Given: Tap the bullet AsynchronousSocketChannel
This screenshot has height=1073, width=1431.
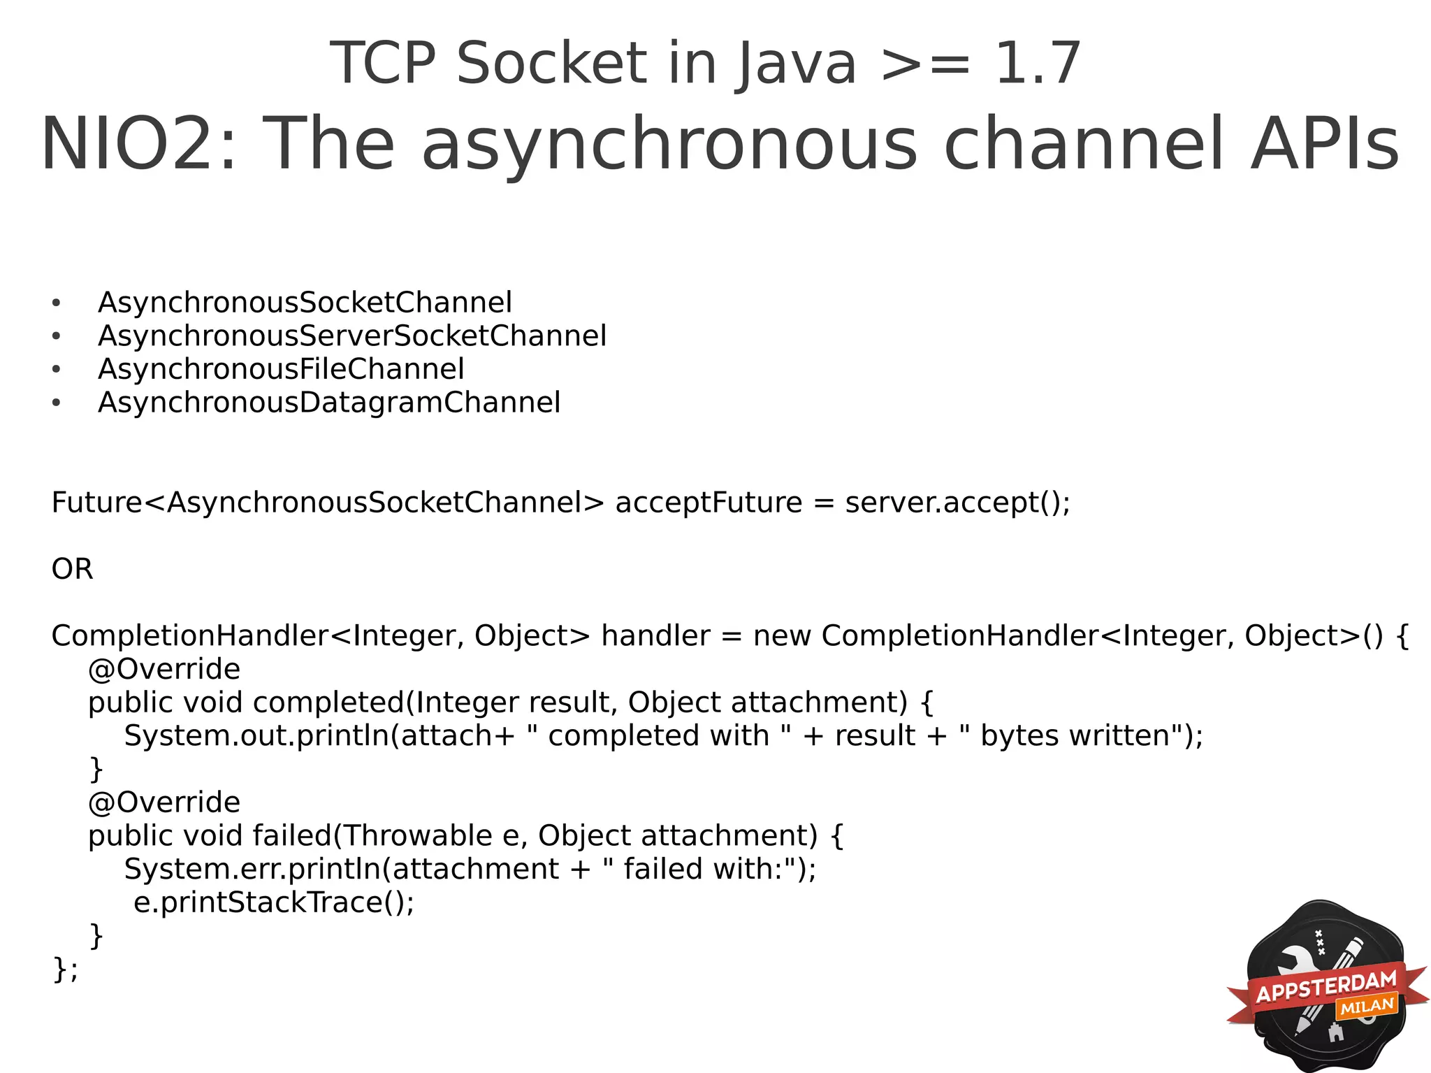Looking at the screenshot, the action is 305,303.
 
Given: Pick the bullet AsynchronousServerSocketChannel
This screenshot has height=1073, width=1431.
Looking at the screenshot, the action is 352,336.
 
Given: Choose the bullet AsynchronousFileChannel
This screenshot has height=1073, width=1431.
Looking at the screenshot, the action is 281,369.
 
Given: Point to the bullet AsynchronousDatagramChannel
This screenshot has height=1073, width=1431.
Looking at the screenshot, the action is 329,403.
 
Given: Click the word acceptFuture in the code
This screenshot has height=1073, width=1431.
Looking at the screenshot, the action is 709,503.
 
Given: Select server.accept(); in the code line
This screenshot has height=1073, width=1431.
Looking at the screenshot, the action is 957,503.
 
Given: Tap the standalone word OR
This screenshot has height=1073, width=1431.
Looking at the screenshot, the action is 72,569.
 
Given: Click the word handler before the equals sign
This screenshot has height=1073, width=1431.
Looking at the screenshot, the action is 655,636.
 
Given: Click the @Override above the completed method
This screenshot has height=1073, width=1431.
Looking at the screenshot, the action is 164,670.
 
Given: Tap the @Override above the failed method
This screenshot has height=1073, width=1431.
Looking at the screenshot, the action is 164,802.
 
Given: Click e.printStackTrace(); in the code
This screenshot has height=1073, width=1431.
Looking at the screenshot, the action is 274,902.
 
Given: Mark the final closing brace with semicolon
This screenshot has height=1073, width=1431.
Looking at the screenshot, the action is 65,970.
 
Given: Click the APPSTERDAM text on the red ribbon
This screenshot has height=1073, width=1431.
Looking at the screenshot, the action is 1326,986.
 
